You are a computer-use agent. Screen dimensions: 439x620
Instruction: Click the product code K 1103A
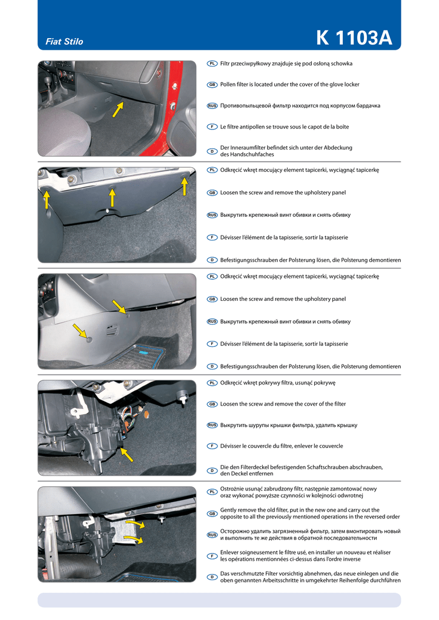click(x=354, y=38)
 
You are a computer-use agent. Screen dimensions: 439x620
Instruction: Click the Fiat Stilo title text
click(x=64, y=42)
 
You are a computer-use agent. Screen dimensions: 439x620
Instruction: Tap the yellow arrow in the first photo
click(x=118, y=110)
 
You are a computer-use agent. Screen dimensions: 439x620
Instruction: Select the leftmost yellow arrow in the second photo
click(x=47, y=200)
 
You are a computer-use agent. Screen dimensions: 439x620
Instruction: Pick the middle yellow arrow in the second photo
click(x=112, y=197)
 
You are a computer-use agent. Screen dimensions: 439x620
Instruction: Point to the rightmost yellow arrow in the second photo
click(x=184, y=186)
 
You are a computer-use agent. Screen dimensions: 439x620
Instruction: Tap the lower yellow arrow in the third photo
click(x=81, y=331)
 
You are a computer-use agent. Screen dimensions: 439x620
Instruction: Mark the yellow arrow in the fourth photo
click(x=127, y=455)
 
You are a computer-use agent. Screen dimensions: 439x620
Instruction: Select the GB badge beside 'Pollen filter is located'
click(x=213, y=85)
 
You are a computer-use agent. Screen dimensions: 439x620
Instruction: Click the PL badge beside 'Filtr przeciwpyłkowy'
click(x=213, y=64)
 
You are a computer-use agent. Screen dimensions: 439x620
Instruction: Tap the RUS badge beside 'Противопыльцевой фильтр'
click(x=213, y=106)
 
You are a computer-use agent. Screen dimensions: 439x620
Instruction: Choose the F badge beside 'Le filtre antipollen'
click(x=213, y=127)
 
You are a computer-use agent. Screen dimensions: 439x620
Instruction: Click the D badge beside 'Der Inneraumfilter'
click(x=213, y=151)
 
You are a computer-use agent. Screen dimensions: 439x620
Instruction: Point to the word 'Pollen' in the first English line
click(x=228, y=85)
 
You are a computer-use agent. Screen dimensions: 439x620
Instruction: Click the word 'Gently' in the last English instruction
click(x=228, y=510)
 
